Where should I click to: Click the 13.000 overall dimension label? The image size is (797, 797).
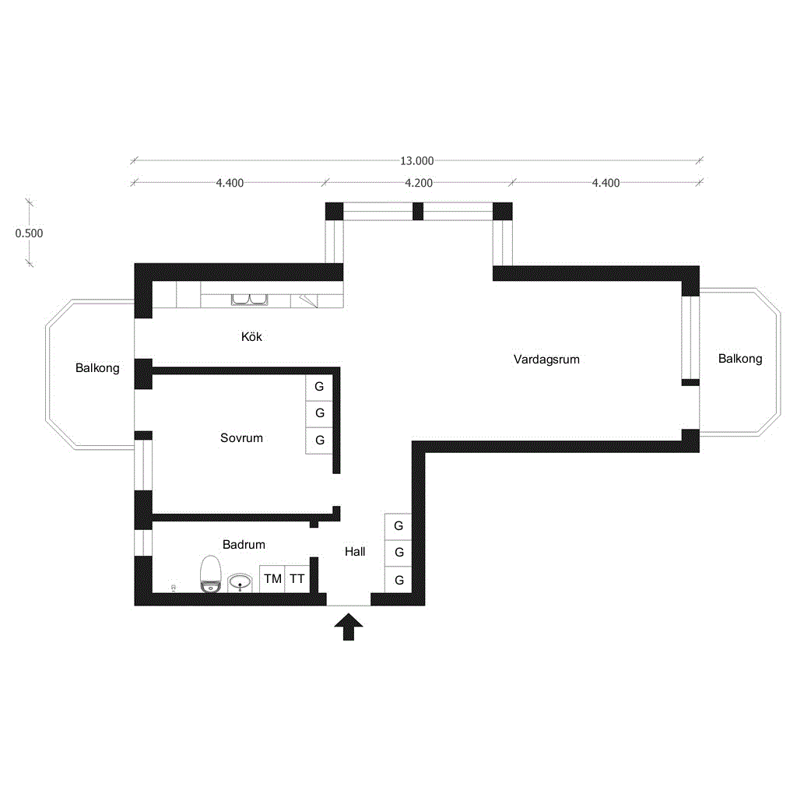[417, 160]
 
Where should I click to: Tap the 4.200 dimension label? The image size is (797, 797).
[419, 183]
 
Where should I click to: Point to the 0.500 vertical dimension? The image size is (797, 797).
[29, 233]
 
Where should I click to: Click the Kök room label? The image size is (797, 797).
[251, 336]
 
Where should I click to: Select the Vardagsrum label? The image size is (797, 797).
[546, 360]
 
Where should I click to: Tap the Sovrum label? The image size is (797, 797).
[241, 438]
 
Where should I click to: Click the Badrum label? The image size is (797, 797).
[244, 544]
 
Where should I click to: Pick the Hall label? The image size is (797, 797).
[355, 552]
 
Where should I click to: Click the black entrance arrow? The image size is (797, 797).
[349, 627]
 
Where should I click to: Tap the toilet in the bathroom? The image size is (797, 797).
[210, 574]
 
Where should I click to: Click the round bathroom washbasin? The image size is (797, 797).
[240, 582]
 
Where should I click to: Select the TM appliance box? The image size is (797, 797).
[272, 579]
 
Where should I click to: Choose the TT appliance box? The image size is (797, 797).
[297, 579]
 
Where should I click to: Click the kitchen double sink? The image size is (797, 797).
[250, 300]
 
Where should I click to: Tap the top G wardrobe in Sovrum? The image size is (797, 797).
[319, 388]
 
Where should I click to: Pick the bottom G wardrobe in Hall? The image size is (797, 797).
[398, 579]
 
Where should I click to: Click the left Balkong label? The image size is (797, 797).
[97, 368]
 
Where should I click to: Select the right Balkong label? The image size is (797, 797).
[740, 359]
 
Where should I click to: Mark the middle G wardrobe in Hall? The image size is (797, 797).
[398, 553]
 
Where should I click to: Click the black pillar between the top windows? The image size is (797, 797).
[418, 211]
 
